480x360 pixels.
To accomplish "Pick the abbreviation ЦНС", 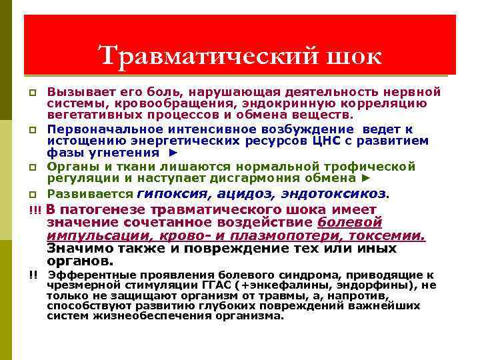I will [291, 141].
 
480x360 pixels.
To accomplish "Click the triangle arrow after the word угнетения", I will [172, 153].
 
